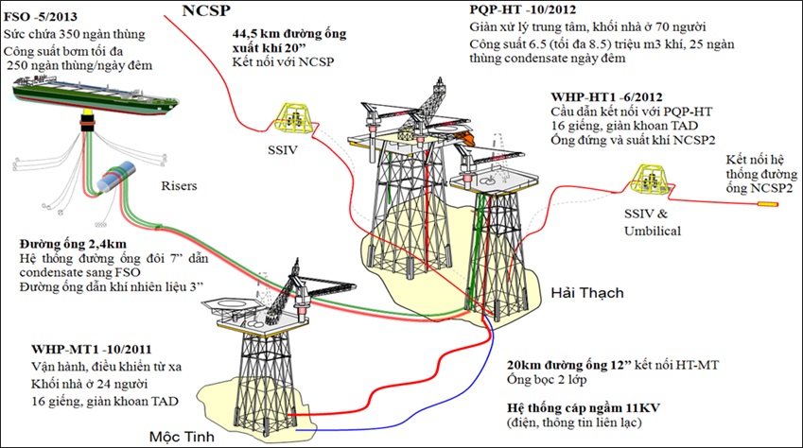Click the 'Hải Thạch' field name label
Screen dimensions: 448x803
(585, 293)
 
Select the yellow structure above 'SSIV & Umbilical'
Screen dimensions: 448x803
(657, 179)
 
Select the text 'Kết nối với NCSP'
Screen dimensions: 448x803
(281, 61)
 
